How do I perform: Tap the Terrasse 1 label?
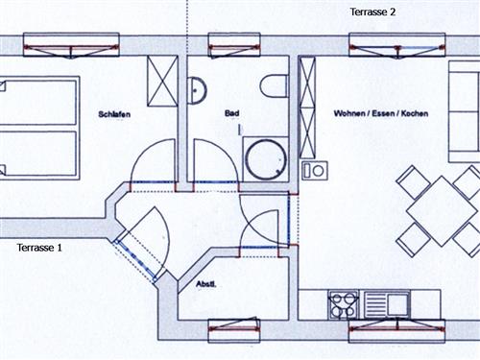pyautogui.click(x=39, y=248)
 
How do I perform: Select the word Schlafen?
pyautogui.click(x=114, y=115)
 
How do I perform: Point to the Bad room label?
pyautogui.click(x=231, y=114)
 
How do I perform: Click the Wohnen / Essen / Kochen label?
pyautogui.click(x=380, y=114)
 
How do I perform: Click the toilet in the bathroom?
pyautogui.click(x=275, y=85)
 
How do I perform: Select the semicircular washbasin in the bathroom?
pyautogui.click(x=197, y=89)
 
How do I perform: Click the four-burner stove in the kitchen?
pyautogui.click(x=343, y=305)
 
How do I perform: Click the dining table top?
pyautogui.click(x=438, y=209)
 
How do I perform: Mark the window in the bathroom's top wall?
pyautogui.click(x=233, y=44)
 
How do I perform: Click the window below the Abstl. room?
pyautogui.click(x=233, y=329)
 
